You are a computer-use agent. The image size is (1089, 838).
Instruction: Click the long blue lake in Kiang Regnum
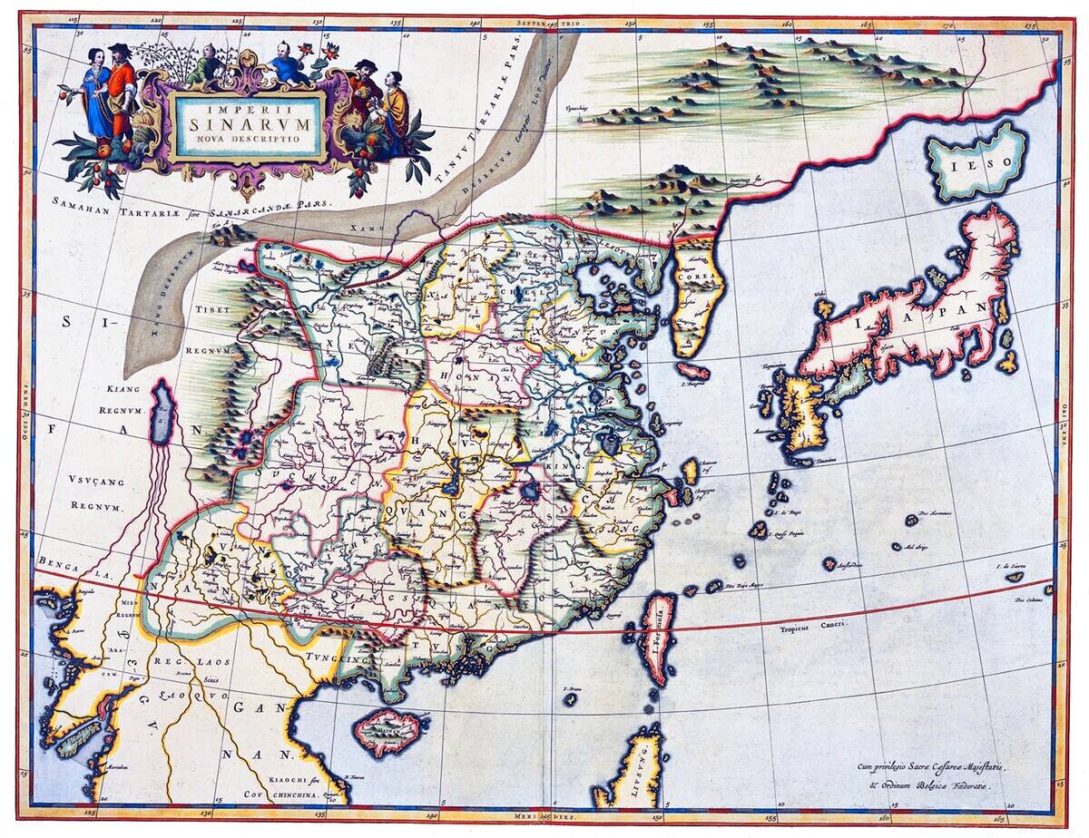coord(162,412)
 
